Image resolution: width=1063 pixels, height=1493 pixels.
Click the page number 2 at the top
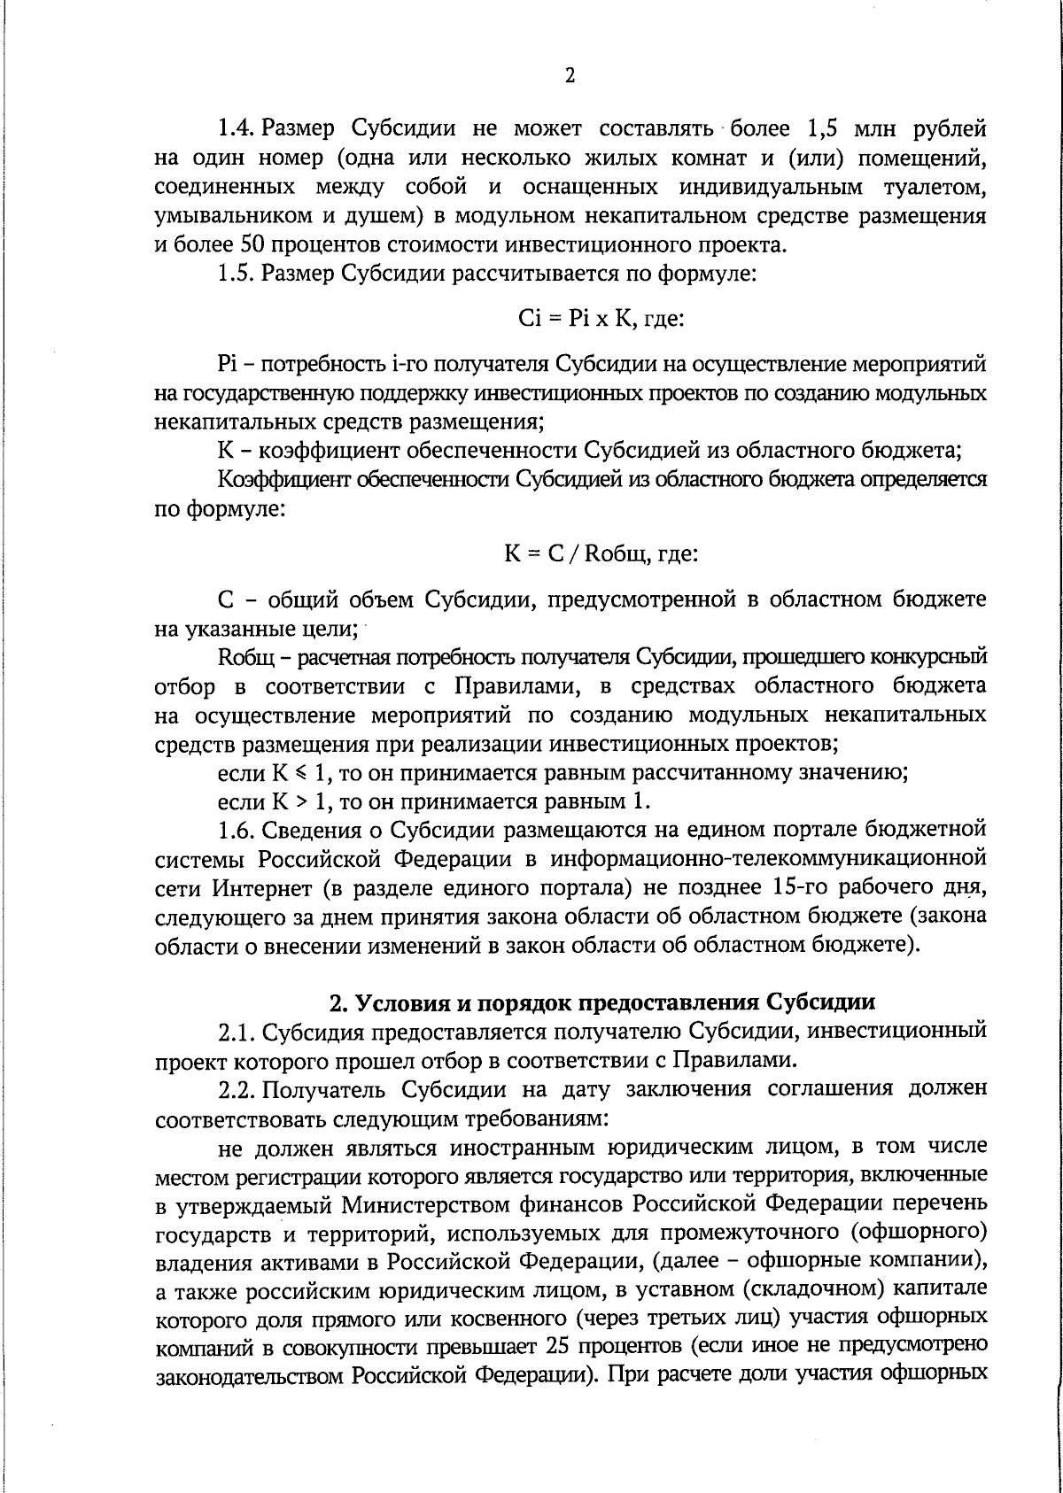tap(570, 75)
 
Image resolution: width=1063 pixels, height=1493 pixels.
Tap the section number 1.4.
tap(237, 128)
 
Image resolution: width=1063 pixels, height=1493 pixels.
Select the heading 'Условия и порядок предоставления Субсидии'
tap(602, 1002)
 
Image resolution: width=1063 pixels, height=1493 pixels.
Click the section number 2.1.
tap(237, 1032)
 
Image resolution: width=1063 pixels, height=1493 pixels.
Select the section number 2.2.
tap(237, 1089)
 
